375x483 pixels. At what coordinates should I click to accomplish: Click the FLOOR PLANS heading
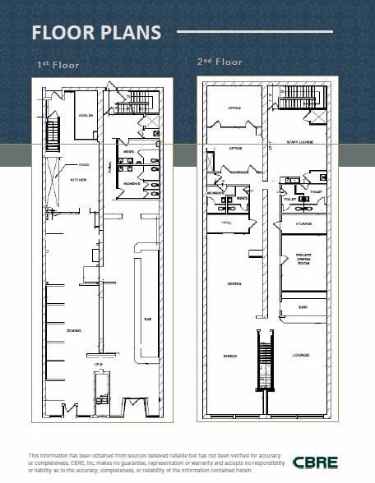tap(95, 33)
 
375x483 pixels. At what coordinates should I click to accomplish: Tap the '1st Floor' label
tap(58, 64)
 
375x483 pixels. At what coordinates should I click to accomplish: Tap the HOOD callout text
tap(84, 164)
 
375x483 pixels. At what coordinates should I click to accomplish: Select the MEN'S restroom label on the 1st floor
tap(129, 153)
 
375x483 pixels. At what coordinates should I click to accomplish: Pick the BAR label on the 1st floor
tap(148, 320)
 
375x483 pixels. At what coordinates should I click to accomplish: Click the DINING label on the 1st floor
tap(73, 329)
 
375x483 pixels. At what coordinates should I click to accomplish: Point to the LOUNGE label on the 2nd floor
tap(301, 355)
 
